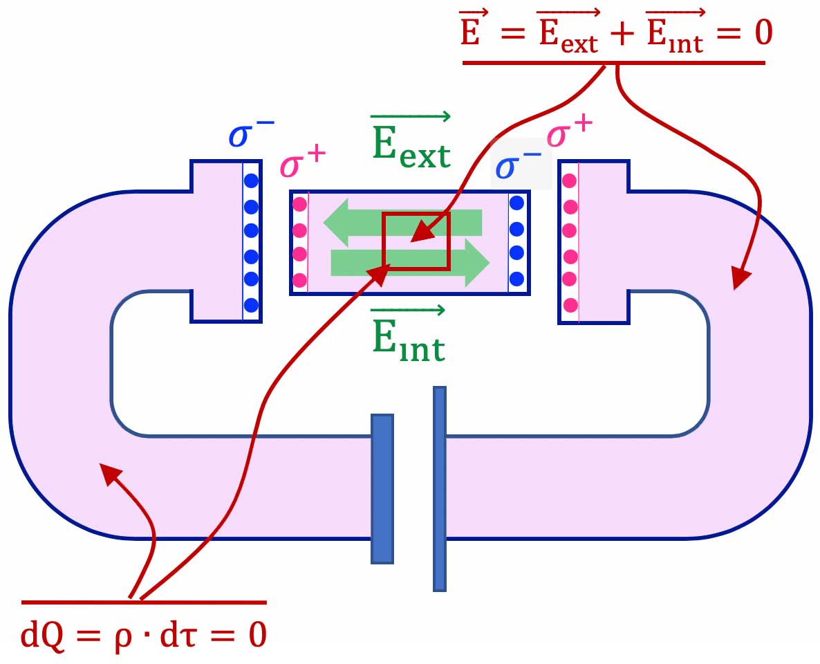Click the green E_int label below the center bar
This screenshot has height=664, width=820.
409,339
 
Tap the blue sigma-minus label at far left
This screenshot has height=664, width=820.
250,134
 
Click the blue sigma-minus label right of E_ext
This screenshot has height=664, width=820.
519,167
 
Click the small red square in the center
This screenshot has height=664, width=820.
416,241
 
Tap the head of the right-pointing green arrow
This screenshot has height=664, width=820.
476,263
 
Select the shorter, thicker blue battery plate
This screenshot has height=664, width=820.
382,488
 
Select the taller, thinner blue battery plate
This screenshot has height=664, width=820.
440,488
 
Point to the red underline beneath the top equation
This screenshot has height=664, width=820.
613,63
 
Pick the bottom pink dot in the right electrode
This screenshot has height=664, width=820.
570,304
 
